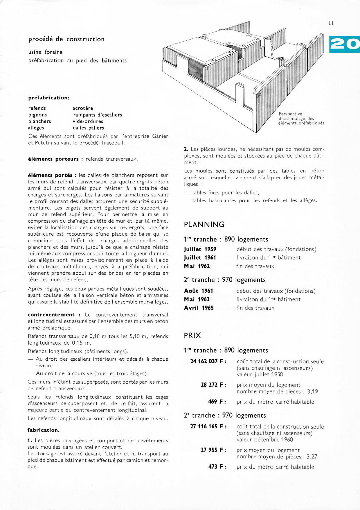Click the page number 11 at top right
331,23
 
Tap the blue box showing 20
344,44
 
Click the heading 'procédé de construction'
66,39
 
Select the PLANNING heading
204,225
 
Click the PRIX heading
192,336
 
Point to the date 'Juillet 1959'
200,249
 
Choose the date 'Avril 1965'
199,308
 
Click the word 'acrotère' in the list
83,108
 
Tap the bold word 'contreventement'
51,315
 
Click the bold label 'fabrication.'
44,430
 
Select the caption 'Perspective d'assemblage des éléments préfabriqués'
301,119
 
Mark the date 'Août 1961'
199,291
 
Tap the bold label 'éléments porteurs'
53,159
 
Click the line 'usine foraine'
46,52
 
